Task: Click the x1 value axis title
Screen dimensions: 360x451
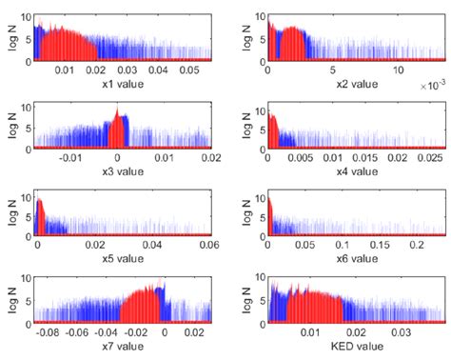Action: pos(114,84)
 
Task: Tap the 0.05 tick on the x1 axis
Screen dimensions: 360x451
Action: pos(189,71)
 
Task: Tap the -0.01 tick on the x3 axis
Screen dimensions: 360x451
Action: pos(69,158)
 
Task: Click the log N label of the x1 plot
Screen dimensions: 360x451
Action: pos(13,38)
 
